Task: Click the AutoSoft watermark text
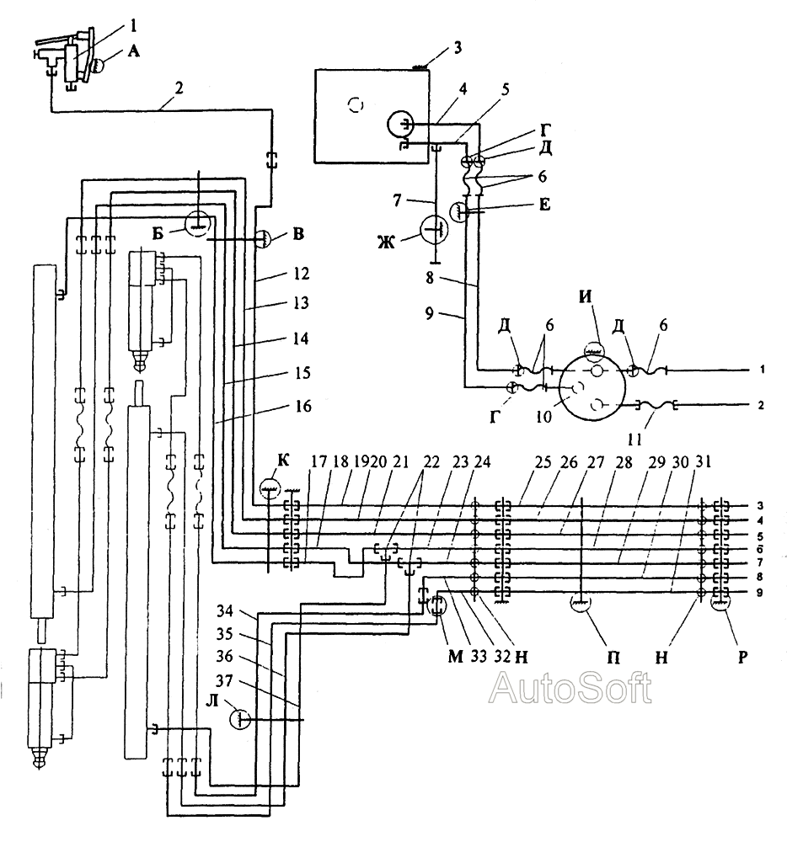(x=570, y=688)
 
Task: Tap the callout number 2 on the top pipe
(x=179, y=88)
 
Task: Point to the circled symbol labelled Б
(x=197, y=221)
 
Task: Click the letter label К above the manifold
(x=284, y=461)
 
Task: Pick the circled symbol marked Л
(x=239, y=719)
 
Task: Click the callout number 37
(x=225, y=681)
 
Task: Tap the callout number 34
(x=225, y=611)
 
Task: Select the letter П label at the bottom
(x=613, y=657)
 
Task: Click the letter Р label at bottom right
(x=742, y=657)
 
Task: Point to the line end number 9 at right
(x=759, y=594)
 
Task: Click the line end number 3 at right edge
(x=759, y=506)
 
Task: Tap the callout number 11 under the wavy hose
(x=635, y=440)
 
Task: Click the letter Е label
(x=544, y=205)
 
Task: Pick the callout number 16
(x=303, y=406)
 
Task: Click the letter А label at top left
(x=133, y=51)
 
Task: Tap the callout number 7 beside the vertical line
(x=397, y=200)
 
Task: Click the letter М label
(x=455, y=657)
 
